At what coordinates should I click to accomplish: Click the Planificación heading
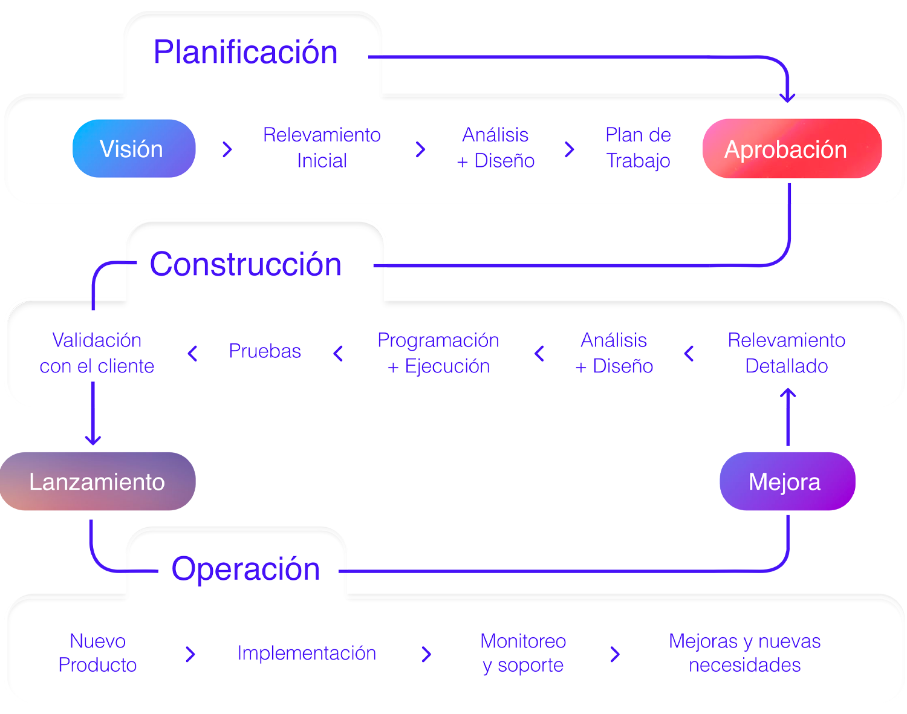click(x=245, y=52)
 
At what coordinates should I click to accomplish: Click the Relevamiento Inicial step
click(x=322, y=148)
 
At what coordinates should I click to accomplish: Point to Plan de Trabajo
click(x=638, y=148)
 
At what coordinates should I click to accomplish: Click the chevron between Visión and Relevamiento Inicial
click(x=227, y=149)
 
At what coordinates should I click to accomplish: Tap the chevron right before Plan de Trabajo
click(x=569, y=149)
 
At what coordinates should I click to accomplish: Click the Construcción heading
click(x=245, y=264)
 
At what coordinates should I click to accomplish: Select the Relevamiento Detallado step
click(x=786, y=353)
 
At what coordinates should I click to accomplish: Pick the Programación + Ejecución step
click(x=438, y=353)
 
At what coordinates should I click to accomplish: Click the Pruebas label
click(x=265, y=351)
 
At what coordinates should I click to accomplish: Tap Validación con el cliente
click(x=97, y=353)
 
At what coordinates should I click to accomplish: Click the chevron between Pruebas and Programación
click(x=339, y=354)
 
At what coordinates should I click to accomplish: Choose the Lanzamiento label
click(x=97, y=482)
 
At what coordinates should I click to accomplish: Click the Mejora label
click(x=784, y=482)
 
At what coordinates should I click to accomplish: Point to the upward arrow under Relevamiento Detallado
click(x=787, y=398)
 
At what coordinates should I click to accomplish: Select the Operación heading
click(x=245, y=569)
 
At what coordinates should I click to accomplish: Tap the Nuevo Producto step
click(x=97, y=653)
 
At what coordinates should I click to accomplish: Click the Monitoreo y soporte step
click(x=523, y=653)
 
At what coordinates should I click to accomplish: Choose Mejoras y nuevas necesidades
click(x=744, y=653)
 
